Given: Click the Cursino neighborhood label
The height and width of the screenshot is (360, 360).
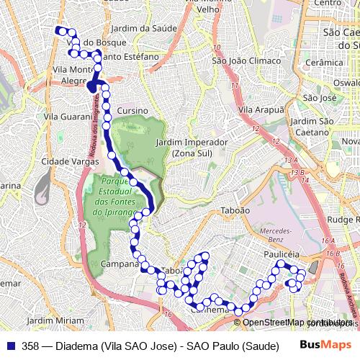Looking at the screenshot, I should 133,110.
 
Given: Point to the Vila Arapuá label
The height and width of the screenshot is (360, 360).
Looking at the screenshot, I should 261,109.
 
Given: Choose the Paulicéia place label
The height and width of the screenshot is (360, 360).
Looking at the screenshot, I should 281,255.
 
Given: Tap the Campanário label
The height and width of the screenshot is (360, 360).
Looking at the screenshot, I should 120,264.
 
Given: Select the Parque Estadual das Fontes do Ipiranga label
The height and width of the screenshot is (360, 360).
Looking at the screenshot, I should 115,197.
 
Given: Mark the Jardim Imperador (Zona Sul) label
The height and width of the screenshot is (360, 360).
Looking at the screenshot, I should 192,148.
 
